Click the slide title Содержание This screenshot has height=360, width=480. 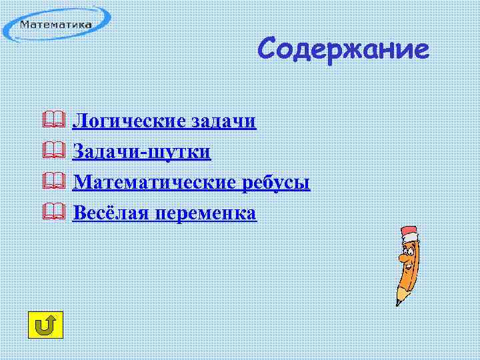click(x=343, y=49)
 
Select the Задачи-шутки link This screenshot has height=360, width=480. click(x=141, y=152)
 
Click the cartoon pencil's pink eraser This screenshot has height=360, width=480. click(x=408, y=233)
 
